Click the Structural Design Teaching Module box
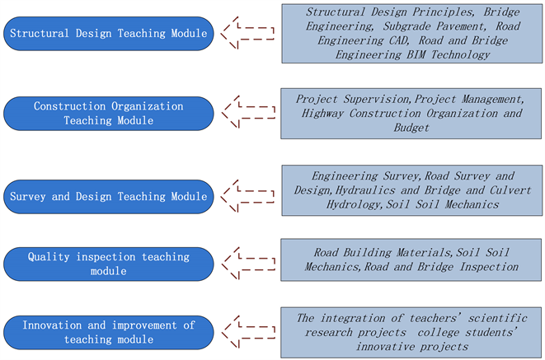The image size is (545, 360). click(108, 34)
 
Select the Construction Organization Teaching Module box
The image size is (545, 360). click(108, 114)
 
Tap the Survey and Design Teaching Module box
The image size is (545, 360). click(108, 197)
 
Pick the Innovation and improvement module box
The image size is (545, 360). click(108, 332)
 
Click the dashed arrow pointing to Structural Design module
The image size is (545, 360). click(251, 34)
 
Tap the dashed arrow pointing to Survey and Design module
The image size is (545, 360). click(251, 196)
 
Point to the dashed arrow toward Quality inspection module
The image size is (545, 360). click(251, 263)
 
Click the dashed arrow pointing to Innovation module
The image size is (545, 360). click(251, 332)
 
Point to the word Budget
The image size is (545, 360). click(411, 128)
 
